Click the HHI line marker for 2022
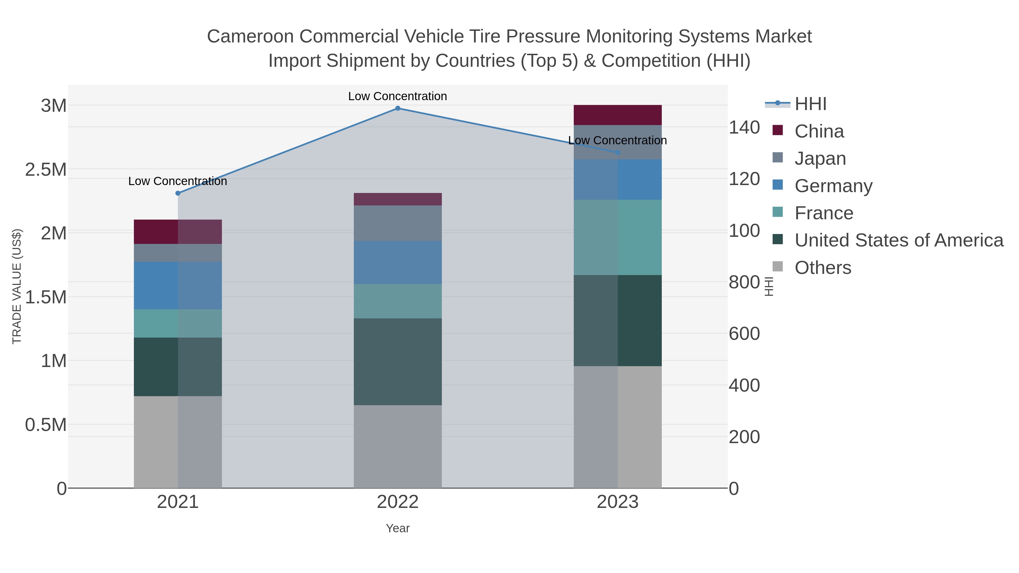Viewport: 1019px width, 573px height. click(x=398, y=108)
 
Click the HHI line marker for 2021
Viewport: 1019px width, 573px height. click(x=177, y=193)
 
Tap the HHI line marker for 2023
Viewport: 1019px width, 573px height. click(x=618, y=153)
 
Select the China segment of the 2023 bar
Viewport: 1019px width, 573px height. click(x=618, y=115)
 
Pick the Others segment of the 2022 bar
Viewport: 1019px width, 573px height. click(x=398, y=447)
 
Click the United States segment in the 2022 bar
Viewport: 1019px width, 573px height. click(x=398, y=362)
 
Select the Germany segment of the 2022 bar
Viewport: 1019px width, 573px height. click(x=398, y=263)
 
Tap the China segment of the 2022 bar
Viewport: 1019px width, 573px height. click(x=398, y=199)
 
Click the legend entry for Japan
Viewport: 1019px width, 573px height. click(x=820, y=158)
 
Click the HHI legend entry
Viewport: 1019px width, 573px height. click(x=810, y=104)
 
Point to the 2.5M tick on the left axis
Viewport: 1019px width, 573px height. click(x=46, y=170)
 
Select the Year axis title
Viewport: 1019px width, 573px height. click(x=398, y=528)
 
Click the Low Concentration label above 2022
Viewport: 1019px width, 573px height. click(x=398, y=96)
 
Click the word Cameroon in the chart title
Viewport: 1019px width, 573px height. click(x=251, y=37)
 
